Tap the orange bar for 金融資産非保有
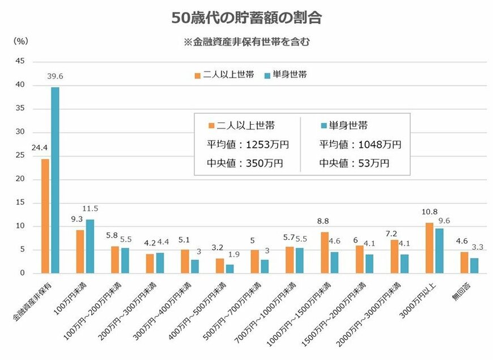point(45,216)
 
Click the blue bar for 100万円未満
point(90,246)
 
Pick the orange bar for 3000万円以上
point(430,248)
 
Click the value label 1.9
point(230,255)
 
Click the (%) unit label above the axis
point(20,41)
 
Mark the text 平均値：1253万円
point(249,145)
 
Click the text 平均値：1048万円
point(360,145)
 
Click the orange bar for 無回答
point(464,262)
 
